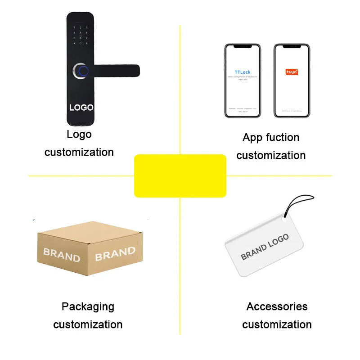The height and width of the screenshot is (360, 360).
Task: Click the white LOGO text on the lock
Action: click(x=81, y=108)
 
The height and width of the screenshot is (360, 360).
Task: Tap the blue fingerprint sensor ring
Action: click(x=83, y=71)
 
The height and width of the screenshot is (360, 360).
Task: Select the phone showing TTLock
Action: click(x=243, y=81)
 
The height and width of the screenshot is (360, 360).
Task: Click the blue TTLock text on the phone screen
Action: click(x=243, y=72)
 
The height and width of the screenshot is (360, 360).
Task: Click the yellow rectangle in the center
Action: click(x=180, y=175)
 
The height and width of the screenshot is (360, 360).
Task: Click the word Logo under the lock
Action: click(x=79, y=134)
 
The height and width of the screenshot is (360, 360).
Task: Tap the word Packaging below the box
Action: click(x=88, y=306)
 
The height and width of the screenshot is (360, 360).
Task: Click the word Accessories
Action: click(x=277, y=306)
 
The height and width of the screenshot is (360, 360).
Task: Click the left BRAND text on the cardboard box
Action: click(x=62, y=255)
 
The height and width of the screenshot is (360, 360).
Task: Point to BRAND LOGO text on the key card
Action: click(x=265, y=247)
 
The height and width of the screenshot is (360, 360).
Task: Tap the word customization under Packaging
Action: click(x=88, y=324)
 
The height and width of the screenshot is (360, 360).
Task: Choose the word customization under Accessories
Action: click(x=277, y=324)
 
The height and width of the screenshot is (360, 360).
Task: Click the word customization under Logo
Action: click(x=79, y=152)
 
